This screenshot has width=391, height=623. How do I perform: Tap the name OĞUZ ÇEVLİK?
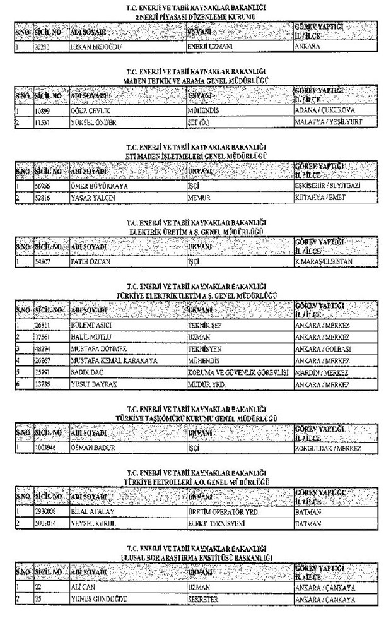tap(91, 110)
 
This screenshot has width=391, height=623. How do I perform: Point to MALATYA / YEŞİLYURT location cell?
tap(328, 121)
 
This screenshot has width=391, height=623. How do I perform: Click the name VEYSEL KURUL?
tap(91, 522)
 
